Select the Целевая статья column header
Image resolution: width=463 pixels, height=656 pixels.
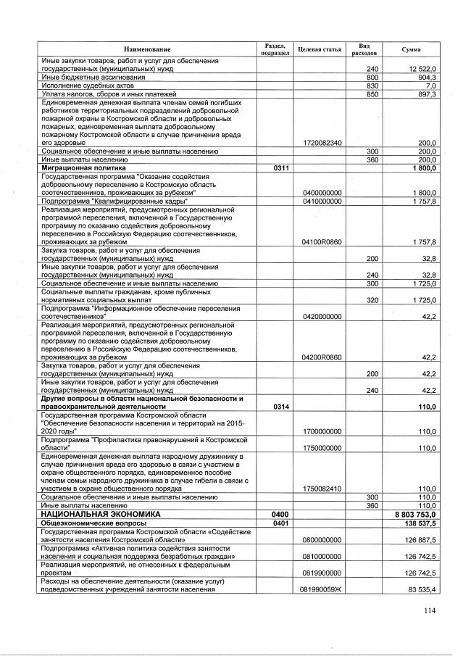click(321, 49)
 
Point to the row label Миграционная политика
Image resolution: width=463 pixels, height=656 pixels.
click(80, 167)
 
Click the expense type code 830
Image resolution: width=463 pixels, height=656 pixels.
click(373, 86)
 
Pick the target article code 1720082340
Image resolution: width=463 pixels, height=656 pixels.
click(321, 144)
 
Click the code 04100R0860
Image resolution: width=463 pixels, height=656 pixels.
click(321, 242)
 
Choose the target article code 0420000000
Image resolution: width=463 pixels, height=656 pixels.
click(321, 317)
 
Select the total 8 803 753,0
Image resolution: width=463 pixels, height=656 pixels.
click(415, 513)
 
